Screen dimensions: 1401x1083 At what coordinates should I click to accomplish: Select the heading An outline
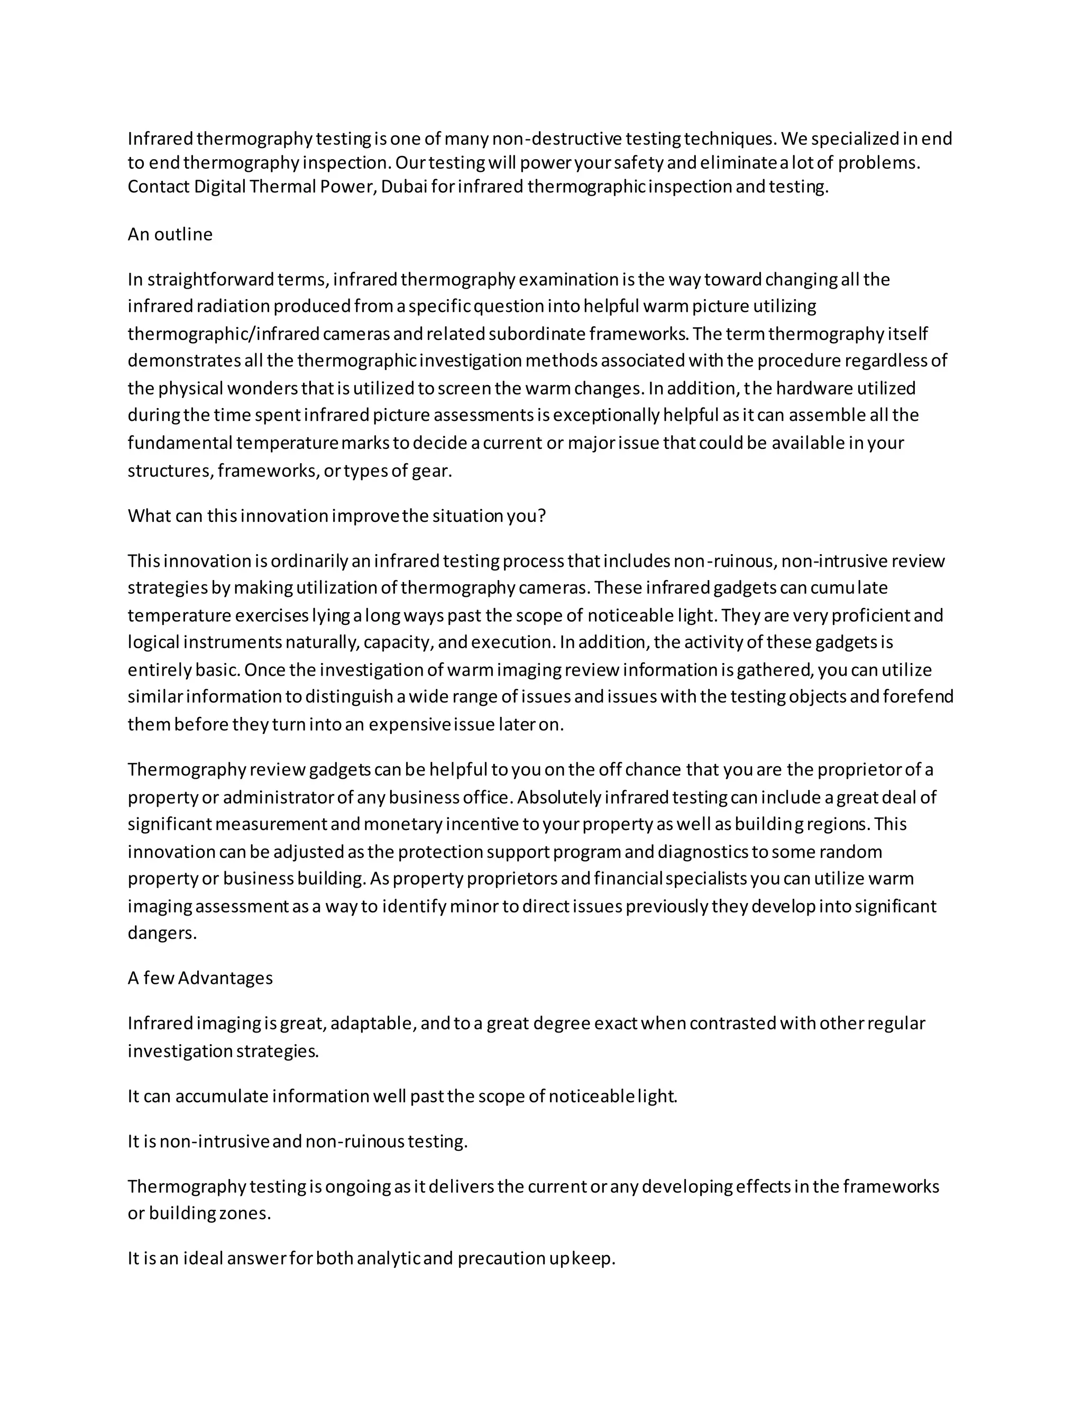pos(170,234)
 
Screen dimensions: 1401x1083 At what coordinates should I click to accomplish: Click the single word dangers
pos(162,933)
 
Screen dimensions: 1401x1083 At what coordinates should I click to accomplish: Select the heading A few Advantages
pos(200,978)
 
